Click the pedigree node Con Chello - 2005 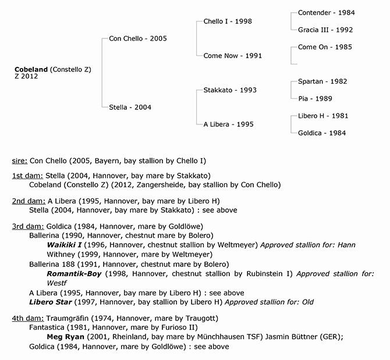tap(138, 39)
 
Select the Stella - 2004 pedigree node tap(131, 107)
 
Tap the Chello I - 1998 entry tap(228, 22)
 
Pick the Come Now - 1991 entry tap(232, 56)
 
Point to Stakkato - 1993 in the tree tap(230, 90)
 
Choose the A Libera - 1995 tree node tap(228, 124)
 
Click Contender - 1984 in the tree tap(326, 13)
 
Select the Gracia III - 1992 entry tap(325, 30)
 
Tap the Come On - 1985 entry tap(325, 47)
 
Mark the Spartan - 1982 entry tap(322, 81)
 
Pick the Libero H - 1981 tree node tap(323, 116)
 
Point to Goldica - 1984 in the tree tap(322, 133)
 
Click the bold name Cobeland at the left tap(31, 70)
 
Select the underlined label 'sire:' tap(19, 160)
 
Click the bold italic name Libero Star tap(51, 302)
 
